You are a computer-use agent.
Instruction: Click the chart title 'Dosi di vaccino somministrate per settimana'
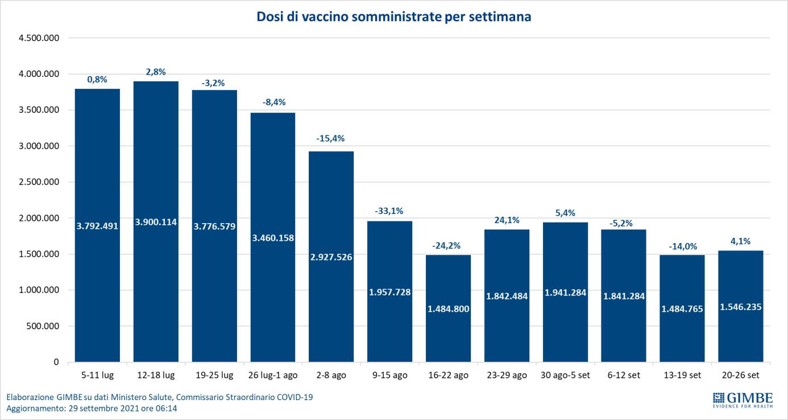[x=393, y=17]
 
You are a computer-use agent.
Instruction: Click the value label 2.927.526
[x=331, y=257]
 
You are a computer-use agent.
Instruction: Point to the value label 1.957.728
[x=389, y=292]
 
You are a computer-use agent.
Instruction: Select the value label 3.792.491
[x=97, y=225]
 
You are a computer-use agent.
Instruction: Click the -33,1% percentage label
[x=389, y=211]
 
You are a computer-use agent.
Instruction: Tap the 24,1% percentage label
[x=507, y=220]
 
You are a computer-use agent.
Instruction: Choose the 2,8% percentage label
[x=156, y=72]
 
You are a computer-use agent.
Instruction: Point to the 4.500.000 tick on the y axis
[x=39, y=38]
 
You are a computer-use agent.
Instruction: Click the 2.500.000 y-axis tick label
[x=39, y=182]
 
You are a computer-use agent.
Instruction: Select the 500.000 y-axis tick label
[x=43, y=326]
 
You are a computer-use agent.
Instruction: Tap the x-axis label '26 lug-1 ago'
[x=272, y=375]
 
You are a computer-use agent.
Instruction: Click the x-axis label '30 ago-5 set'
[x=565, y=375]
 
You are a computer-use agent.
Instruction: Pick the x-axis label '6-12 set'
[x=624, y=375]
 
